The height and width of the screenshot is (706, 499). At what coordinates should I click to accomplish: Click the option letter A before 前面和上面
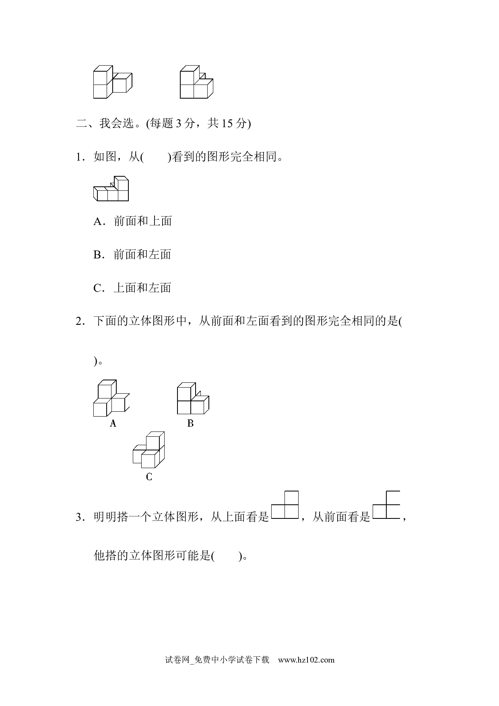pyautogui.click(x=98, y=221)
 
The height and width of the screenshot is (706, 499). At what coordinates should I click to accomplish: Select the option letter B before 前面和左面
pyautogui.click(x=97, y=255)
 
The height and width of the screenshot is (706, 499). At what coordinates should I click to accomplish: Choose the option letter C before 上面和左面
pyautogui.click(x=97, y=288)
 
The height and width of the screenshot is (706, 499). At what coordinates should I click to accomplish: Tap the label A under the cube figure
pyautogui.click(x=113, y=423)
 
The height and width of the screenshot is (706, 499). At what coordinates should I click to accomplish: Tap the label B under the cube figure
pyautogui.click(x=190, y=423)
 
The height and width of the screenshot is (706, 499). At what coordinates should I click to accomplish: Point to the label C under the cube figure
pyautogui.click(x=149, y=477)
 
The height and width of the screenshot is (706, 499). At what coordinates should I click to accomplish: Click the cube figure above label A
pyautogui.click(x=111, y=398)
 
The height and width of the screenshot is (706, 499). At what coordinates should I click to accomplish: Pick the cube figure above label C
pyautogui.click(x=148, y=450)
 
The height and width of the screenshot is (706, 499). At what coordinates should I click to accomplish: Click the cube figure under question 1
pyautogui.click(x=111, y=188)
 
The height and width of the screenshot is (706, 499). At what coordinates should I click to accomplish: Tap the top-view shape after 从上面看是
pyautogui.click(x=285, y=505)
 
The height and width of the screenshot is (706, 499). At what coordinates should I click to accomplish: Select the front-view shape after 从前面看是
pyautogui.click(x=386, y=505)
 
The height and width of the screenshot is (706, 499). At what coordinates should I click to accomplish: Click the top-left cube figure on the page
pyautogui.click(x=113, y=82)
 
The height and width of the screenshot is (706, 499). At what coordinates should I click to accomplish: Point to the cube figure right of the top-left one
pyautogui.click(x=196, y=82)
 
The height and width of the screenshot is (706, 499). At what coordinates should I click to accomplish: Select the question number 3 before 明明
pyautogui.click(x=79, y=517)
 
